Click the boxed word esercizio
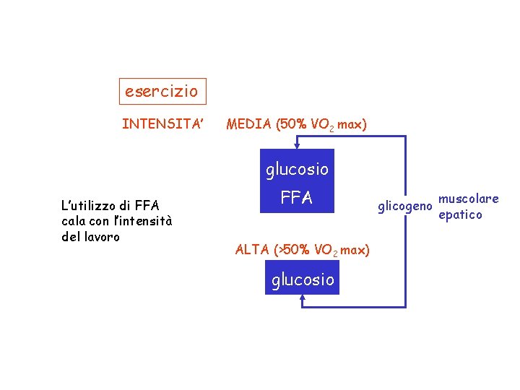(161, 92)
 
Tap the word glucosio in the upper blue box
(297, 170)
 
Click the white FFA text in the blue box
(297, 198)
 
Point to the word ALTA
(252, 250)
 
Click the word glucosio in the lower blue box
(303, 279)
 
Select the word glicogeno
(405, 208)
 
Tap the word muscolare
(469, 199)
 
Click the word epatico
(460, 215)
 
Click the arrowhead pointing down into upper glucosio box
(297, 145)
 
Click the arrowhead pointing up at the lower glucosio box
(303, 299)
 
